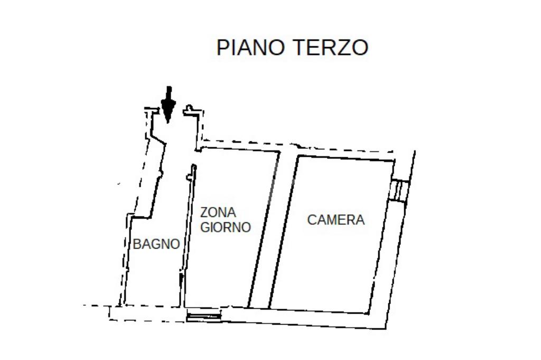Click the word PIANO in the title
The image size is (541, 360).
pos(251,48)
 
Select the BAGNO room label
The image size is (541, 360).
pos(156,244)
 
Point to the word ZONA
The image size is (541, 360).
pos(218,213)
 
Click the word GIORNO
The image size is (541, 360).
pos(225,228)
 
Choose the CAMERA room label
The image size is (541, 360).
pos(336,220)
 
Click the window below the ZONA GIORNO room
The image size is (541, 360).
pos(203,316)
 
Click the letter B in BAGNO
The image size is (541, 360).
pos(137,244)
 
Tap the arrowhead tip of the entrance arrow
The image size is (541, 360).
pos(168,121)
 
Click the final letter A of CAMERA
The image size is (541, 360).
pos(360,220)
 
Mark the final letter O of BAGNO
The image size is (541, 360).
pos(175,244)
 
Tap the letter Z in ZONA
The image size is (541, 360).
pos(204,213)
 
